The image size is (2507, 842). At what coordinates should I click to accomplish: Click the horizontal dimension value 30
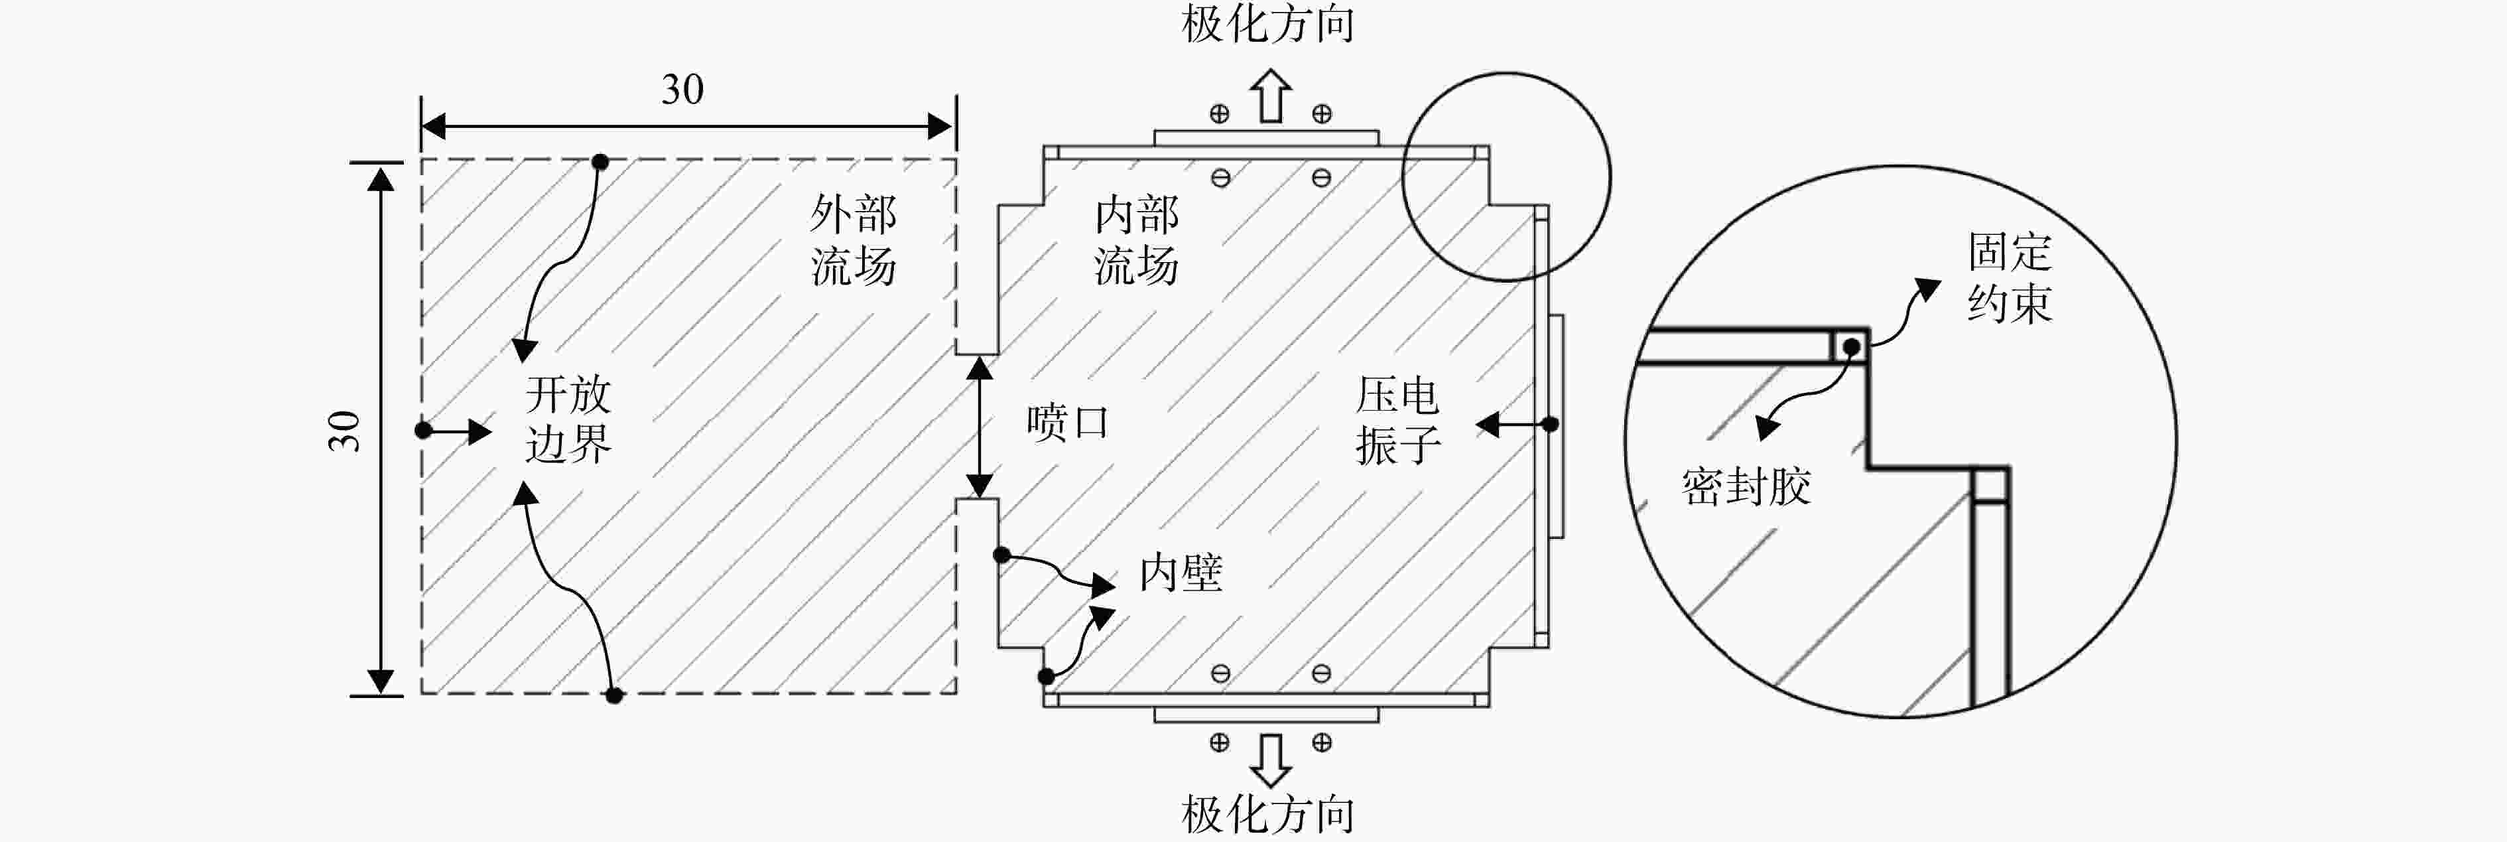pos(682,90)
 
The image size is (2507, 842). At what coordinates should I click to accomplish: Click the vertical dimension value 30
pos(344,430)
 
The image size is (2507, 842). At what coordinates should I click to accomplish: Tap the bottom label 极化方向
pos(1268,813)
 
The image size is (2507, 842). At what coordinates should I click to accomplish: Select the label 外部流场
pos(854,240)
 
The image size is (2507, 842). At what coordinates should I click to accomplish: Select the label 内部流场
pos(1137,240)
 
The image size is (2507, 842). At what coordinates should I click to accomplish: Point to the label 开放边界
pos(568,419)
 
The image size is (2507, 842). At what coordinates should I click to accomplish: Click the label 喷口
pos(1068,423)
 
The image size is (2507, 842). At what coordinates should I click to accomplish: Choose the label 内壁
pos(1181,573)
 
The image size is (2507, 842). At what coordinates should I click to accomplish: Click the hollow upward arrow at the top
pos(1271,96)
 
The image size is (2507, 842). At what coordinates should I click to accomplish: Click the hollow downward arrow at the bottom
pos(1271,760)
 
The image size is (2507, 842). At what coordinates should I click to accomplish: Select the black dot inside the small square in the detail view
pos(1851,346)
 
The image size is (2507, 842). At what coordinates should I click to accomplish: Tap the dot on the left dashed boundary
pos(422,430)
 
